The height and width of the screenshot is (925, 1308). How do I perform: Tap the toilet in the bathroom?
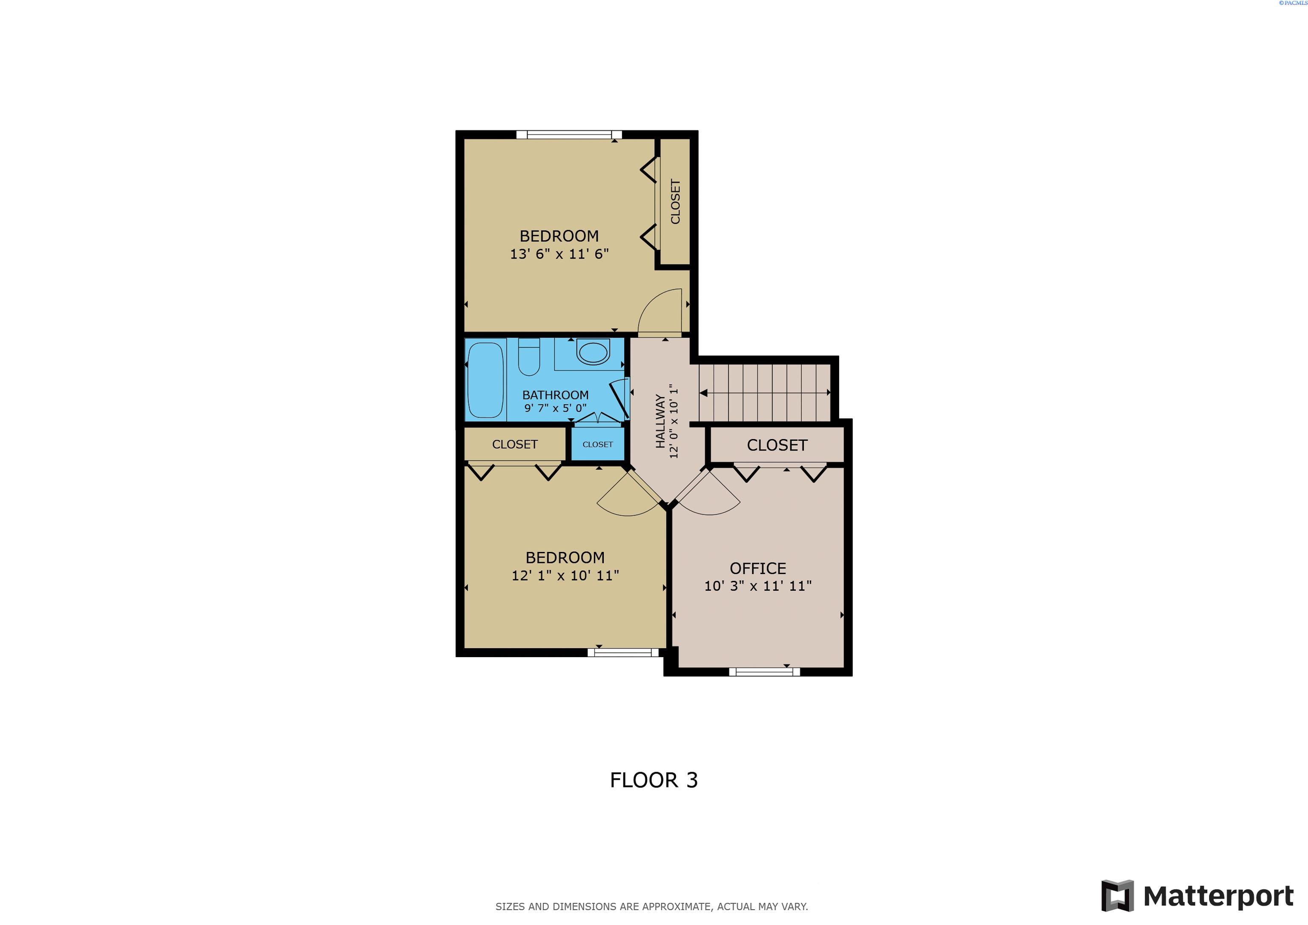pyautogui.click(x=529, y=358)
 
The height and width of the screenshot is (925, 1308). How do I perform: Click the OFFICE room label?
pyautogui.click(x=758, y=568)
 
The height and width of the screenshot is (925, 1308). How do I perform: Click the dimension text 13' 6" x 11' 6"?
pyautogui.click(x=559, y=254)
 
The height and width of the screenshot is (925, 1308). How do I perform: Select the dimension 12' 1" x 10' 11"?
pyautogui.click(x=565, y=576)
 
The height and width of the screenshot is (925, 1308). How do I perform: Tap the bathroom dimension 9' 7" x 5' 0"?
pyautogui.click(x=555, y=408)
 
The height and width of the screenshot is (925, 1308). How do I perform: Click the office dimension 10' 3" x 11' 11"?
pyautogui.click(x=758, y=586)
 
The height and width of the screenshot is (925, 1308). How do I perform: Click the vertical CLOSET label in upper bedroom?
pyautogui.click(x=676, y=202)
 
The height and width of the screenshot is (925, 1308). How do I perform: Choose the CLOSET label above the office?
pyautogui.click(x=777, y=445)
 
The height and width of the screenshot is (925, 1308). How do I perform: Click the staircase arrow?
pyautogui.click(x=765, y=393)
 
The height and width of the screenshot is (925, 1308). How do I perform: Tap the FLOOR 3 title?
pyautogui.click(x=654, y=780)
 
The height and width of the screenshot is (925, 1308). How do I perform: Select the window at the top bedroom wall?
pyautogui.click(x=568, y=135)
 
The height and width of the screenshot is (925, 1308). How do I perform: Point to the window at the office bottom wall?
pyautogui.click(x=764, y=672)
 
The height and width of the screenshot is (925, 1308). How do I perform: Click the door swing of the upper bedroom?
pyautogui.click(x=661, y=312)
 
